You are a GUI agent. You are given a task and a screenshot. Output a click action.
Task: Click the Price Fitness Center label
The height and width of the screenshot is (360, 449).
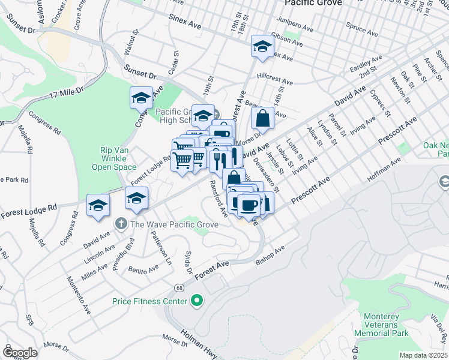149,301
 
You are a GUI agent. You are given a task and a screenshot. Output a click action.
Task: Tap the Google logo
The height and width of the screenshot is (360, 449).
20,353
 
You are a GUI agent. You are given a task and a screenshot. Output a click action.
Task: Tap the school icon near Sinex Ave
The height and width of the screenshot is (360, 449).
262,46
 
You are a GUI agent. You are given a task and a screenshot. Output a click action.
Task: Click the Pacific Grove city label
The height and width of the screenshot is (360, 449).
313,3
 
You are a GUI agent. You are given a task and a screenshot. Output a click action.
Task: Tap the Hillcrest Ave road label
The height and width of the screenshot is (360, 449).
274,79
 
